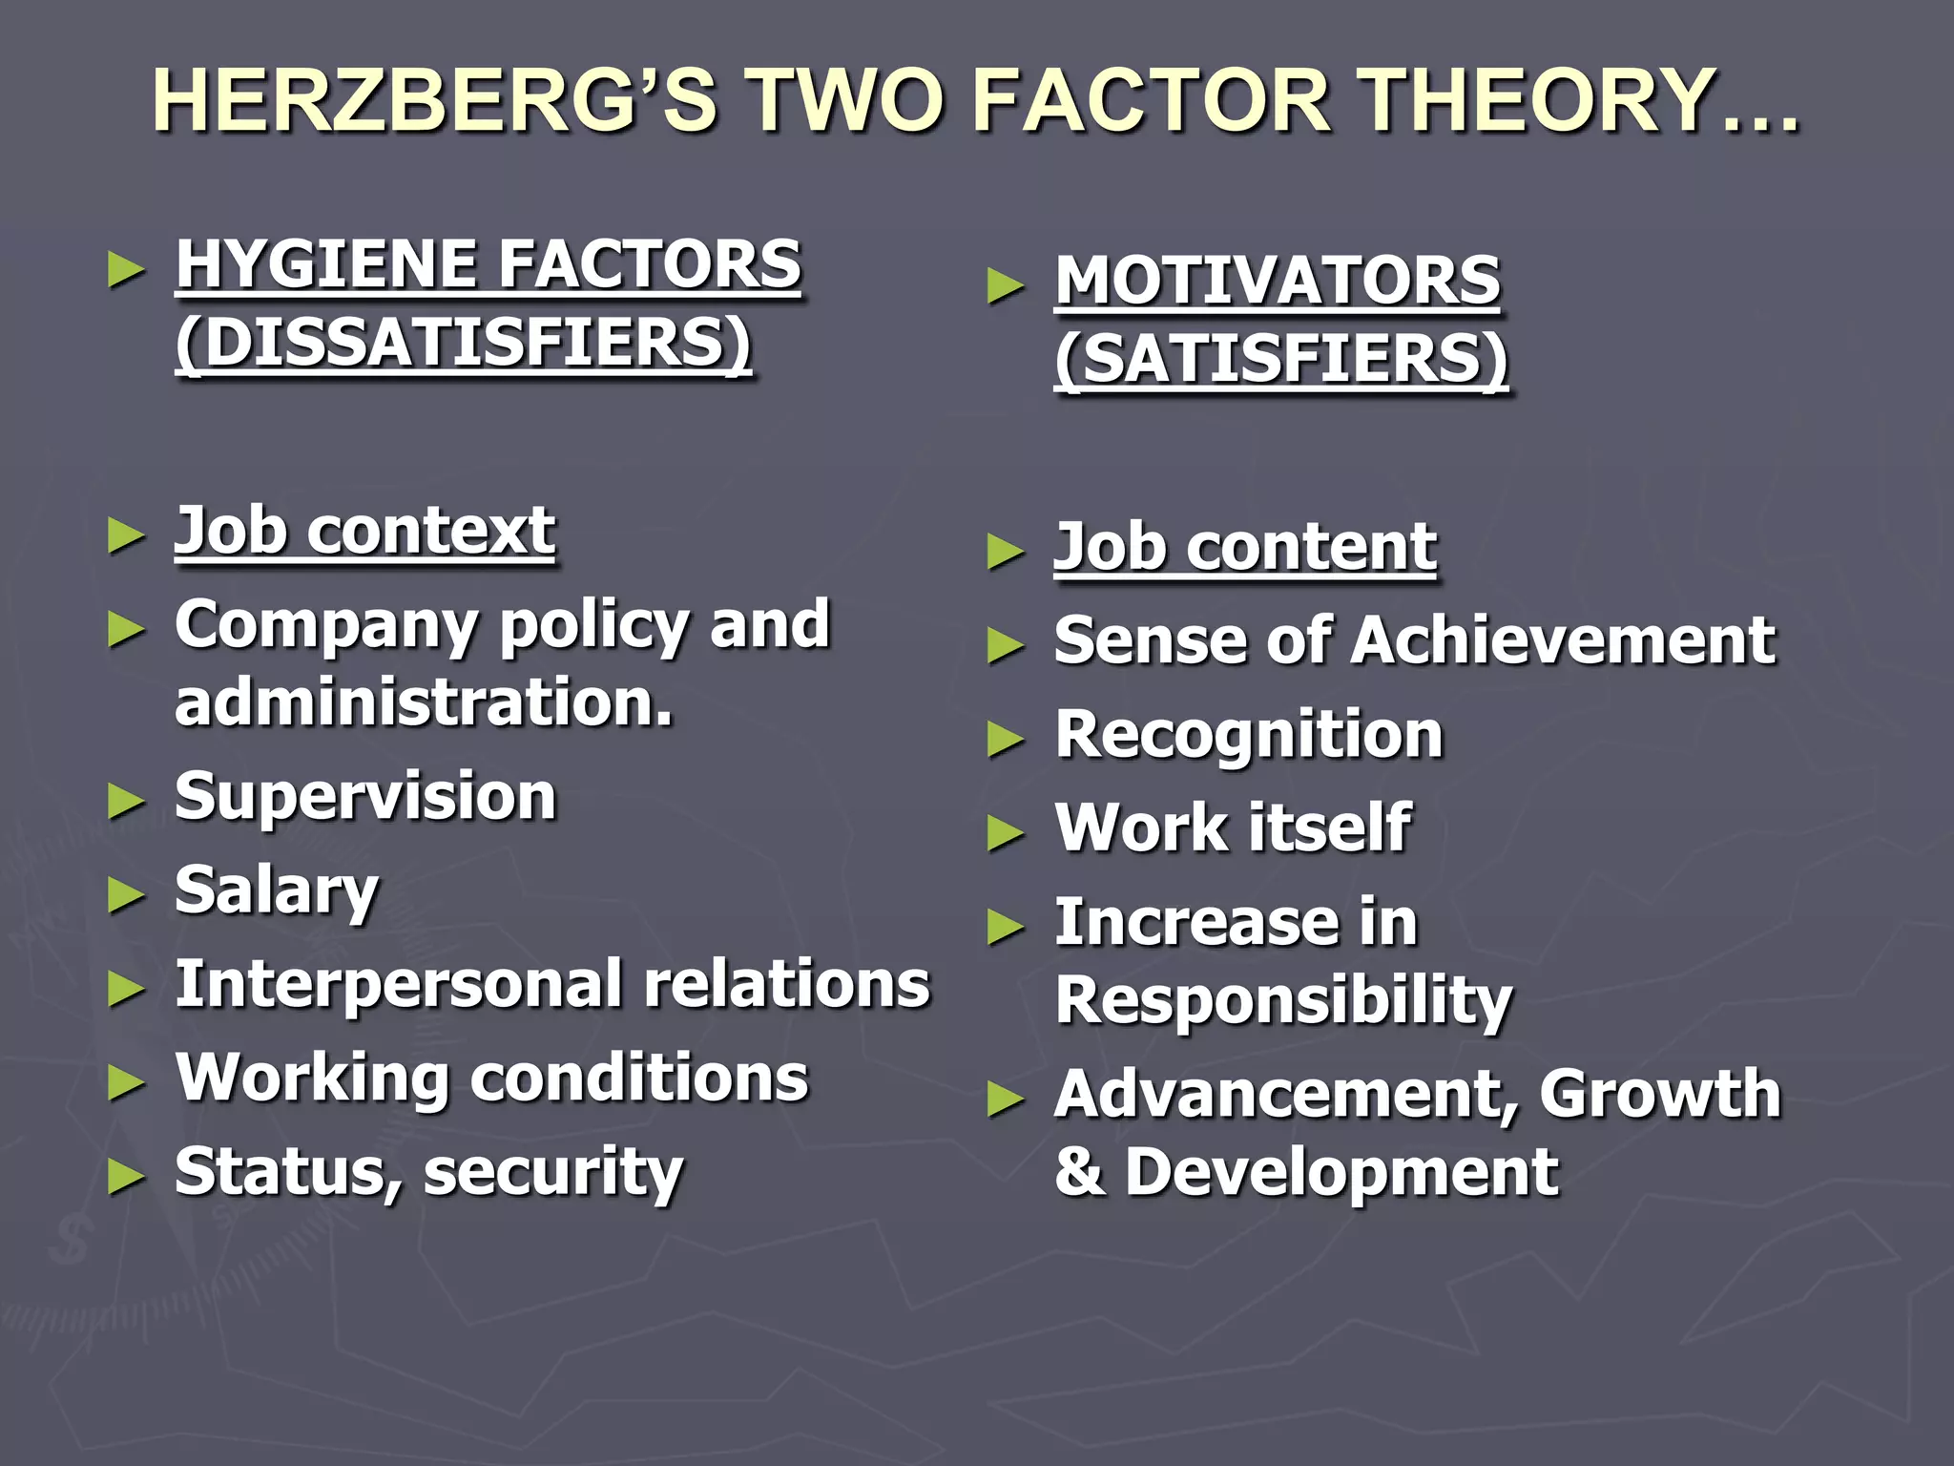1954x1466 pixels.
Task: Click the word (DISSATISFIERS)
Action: (464, 343)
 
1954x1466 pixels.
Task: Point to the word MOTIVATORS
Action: (1278, 282)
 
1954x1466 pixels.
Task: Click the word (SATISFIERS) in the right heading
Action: (1281, 360)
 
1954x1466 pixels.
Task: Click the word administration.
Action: (424, 702)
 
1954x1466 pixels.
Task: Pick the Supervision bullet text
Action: (365, 797)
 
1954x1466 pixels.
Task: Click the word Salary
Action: (277, 891)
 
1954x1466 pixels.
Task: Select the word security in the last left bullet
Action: (553, 1173)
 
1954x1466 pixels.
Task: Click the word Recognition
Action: (1249, 735)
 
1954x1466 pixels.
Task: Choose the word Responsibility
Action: (1284, 1001)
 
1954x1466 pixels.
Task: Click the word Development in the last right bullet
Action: (1341, 1173)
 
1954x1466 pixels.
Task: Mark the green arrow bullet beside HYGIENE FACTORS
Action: (126, 270)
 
